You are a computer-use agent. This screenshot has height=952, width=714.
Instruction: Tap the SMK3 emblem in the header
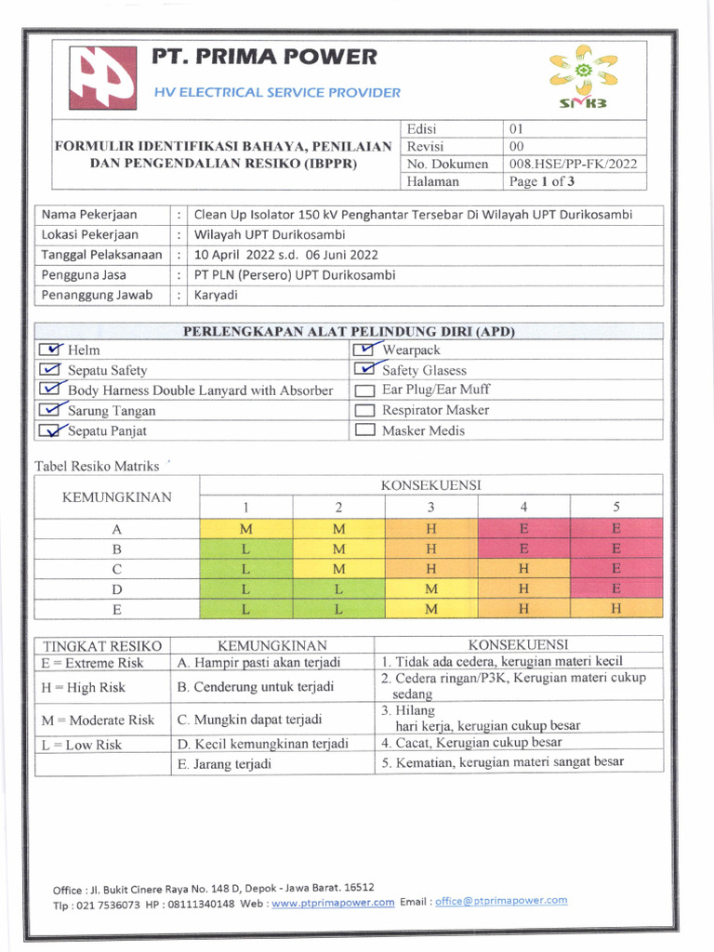click(x=583, y=76)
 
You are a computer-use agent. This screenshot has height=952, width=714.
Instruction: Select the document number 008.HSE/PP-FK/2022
click(x=573, y=164)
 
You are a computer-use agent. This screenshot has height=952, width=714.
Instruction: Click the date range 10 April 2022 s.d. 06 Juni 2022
click(x=285, y=255)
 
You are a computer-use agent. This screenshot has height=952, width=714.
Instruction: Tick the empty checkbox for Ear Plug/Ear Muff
click(x=365, y=390)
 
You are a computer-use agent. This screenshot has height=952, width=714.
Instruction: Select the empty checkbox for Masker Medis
click(x=365, y=430)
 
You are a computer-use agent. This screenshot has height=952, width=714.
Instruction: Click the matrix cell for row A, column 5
click(x=615, y=528)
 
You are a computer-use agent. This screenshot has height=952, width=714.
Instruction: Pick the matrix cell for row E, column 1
click(x=245, y=609)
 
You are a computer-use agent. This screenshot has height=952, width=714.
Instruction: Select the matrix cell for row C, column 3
click(x=430, y=568)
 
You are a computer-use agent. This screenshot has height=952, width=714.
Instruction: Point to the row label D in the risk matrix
click(x=117, y=589)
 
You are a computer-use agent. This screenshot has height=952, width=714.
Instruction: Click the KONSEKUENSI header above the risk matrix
click(x=430, y=485)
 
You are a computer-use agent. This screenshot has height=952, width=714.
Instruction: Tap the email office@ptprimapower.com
click(x=501, y=901)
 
